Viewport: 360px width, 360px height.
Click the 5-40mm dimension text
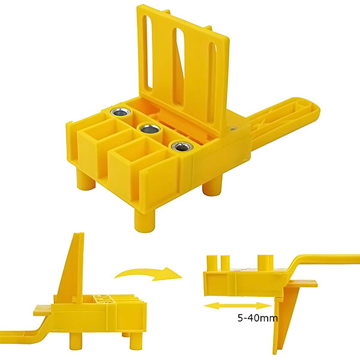click(x=257, y=318)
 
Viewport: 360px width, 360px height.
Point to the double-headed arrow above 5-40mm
click(x=238, y=306)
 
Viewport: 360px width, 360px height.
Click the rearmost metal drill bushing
click(x=121, y=112)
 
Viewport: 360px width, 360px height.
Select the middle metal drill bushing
click(x=149, y=129)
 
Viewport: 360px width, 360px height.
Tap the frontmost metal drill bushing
click(x=181, y=146)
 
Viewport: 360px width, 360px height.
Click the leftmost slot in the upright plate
click(x=149, y=54)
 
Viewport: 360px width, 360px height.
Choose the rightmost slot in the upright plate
click(x=212, y=83)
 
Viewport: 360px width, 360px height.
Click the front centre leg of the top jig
click(x=145, y=220)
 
